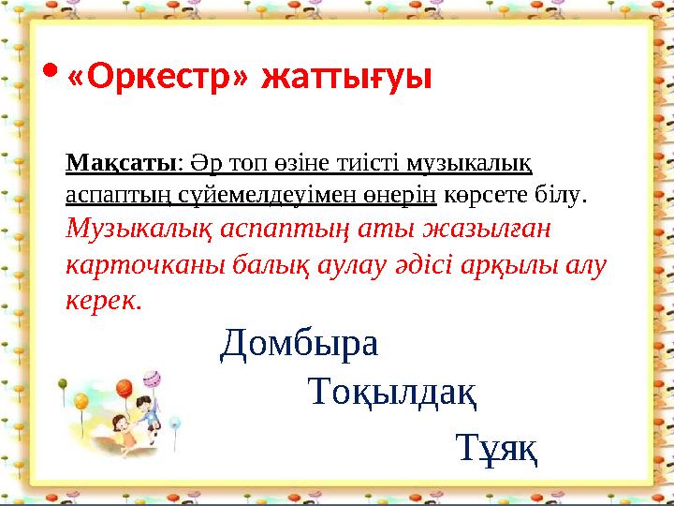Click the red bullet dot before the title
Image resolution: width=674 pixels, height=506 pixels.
(x=51, y=71)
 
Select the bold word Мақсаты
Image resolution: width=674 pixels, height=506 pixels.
(x=121, y=162)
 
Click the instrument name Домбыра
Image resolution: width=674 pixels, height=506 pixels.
(x=300, y=346)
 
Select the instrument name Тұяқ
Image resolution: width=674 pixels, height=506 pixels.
(x=496, y=448)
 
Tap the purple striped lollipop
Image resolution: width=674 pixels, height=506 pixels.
(x=151, y=379)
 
